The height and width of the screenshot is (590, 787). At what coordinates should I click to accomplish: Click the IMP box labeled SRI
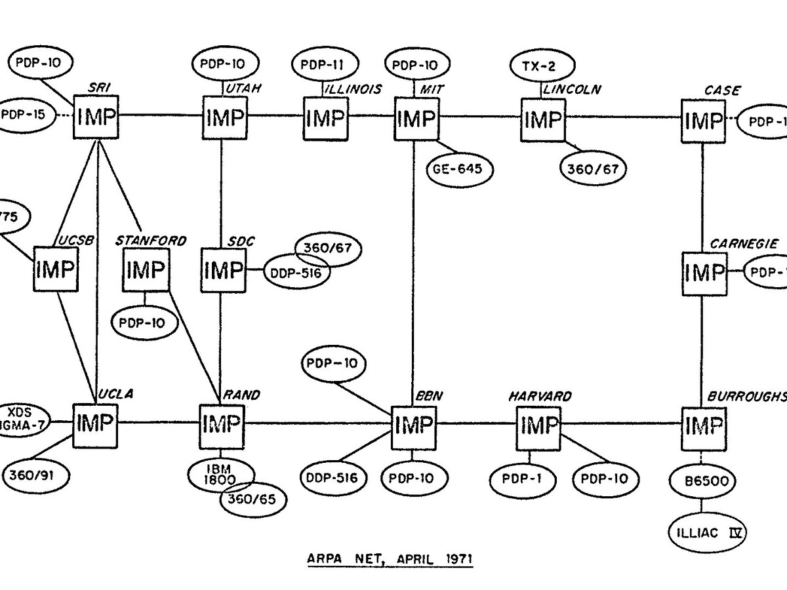coord(96,117)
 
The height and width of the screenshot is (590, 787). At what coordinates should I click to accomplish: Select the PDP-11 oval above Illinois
coord(326,65)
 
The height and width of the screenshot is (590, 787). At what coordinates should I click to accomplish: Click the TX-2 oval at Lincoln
coord(542,65)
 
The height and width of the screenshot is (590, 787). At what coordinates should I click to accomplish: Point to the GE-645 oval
coord(458,168)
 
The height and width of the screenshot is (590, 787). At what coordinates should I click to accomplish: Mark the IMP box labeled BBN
coord(413,427)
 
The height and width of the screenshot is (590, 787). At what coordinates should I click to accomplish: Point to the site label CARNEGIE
coord(744,243)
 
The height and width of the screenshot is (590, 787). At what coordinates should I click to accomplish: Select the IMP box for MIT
coord(416,118)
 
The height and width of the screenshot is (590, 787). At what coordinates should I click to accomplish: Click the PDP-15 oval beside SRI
coord(25,113)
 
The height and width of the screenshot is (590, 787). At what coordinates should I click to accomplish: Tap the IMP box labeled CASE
coord(702,120)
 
